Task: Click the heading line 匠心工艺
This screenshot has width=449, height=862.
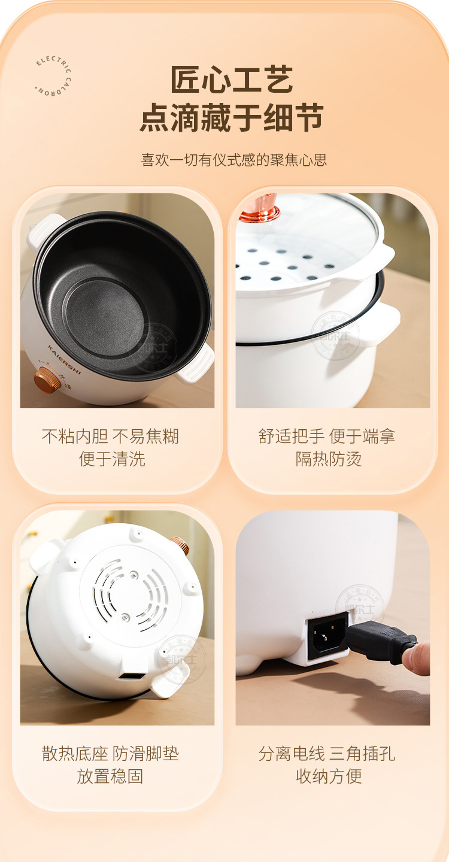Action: [232, 80]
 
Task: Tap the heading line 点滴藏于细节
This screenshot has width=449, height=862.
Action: [232, 118]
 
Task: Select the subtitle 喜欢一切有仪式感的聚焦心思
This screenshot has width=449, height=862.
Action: [234, 160]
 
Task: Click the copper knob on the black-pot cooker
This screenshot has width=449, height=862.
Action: [47, 380]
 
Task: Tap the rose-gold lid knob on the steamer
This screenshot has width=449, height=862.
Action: [260, 208]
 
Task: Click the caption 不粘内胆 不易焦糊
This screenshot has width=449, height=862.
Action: [111, 436]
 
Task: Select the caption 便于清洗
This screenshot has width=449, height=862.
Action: [112, 459]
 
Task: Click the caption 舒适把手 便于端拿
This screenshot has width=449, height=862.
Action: [327, 436]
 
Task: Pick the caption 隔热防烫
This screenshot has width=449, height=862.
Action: [329, 459]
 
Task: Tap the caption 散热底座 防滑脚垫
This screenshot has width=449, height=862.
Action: [111, 753]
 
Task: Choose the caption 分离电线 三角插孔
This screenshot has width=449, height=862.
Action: [327, 753]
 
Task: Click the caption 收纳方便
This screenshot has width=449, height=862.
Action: [329, 776]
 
